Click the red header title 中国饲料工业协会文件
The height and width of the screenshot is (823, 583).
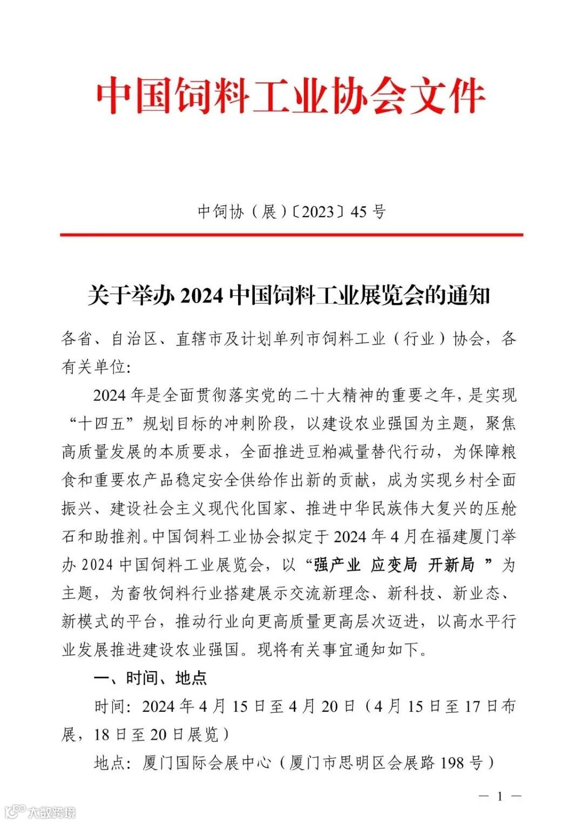pyautogui.click(x=291, y=97)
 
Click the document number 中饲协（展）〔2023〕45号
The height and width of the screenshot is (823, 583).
pyautogui.click(x=291, y=211)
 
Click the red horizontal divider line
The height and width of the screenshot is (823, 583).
pyautogui.click(x=291, y=235)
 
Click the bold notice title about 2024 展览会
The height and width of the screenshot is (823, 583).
pyautogui.click(x=289, y=295)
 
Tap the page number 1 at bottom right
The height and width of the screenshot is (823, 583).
pyautogui.click(x=500, y=796)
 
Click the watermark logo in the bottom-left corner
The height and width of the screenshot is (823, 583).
pyautogui.click(x=40, y=812)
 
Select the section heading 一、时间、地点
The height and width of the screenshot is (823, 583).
pyautogui.click(x=151, y=678)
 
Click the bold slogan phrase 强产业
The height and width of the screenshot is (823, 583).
pyautogui.click(x=337, y=565)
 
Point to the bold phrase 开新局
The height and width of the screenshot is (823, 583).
pyautogui.click(x=451, y=565)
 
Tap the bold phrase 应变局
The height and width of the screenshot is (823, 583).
pyautogui.click(x=394, y=565)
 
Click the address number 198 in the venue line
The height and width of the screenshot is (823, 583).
pyautogui.click(x=452, y=763)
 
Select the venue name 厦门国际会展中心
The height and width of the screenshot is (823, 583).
pyautogui.click(x=207, y=763)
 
